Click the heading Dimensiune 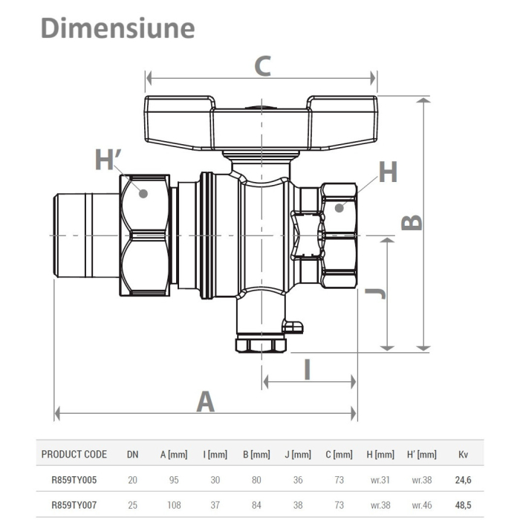pyautogui.click(x=117, y=27)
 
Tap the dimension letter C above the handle pyautogui.click(x=262, y=66)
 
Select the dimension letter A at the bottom pyautogui.click(x=205, y=402)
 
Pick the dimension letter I pyautogui.click(x=308, y=369)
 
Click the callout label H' pyautogui.click(x=108, y=160)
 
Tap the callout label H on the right pyautogui.click(x=388, y=172)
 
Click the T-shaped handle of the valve pyautogui.click(x=262, y=123)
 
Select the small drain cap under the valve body pyautogui.click(x=260, y=345)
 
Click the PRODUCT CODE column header pyautogui.click(x=74, y=455)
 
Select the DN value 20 pyautogui.click(x=132, y=481)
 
